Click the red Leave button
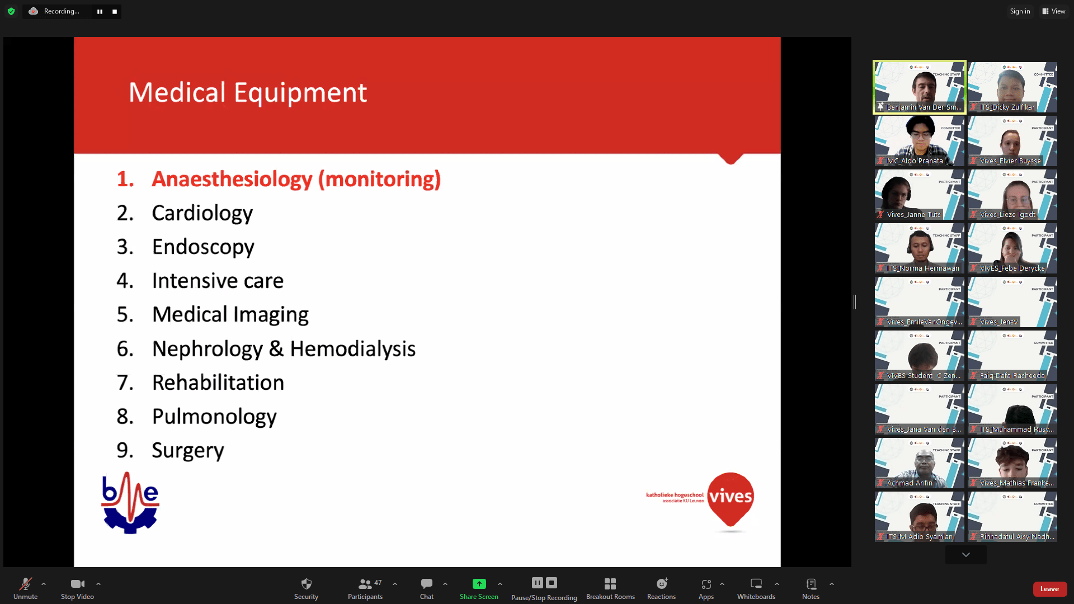tap(1049, 589)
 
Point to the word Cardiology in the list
tap(202, 213)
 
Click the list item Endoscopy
tap(203, 247)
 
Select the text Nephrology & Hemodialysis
tap(284, 349)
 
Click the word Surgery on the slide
tap(187, 450)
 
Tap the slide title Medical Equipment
tap(247, 92)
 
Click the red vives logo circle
tap(730, 497)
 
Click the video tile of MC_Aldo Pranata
tap(919, 141)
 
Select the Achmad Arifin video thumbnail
tap(919, 463)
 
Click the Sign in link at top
tap(1019, 11)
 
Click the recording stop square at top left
tap(115, 11)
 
